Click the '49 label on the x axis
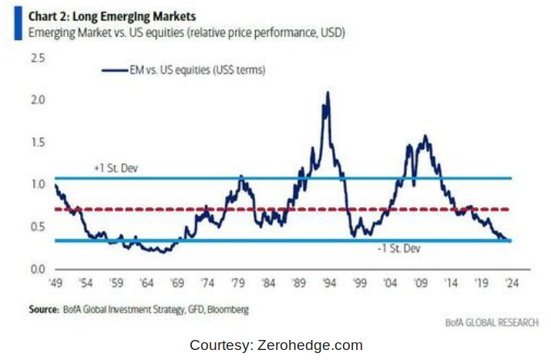pos(55,283)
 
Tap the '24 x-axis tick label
pos(510,283)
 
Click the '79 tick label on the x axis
pos(239,283)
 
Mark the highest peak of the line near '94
pos(328,93)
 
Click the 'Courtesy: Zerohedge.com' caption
pos(275,345)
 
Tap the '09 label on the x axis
pos(421,283)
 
